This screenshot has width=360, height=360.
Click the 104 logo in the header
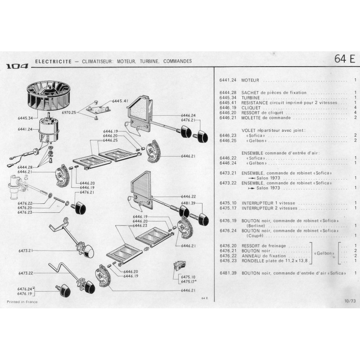point(17,66)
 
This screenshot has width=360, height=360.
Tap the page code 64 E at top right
point(345,59)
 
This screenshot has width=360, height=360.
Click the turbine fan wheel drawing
point(44,96)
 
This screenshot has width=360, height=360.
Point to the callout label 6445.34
point(25,118)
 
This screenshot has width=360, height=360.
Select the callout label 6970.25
point(69,112)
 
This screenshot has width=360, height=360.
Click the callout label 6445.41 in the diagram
point(120,101)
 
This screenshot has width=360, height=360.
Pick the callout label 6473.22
point(26,273)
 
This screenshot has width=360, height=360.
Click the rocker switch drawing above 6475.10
point(180,265)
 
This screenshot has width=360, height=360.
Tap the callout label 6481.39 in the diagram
point(188,203)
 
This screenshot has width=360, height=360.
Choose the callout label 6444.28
point(25,167)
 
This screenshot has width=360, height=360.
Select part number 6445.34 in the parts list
point(228,98)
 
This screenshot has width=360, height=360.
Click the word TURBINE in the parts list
point(251,98)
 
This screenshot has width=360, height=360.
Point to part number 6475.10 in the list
point(228,203)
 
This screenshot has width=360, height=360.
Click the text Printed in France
point(22,302)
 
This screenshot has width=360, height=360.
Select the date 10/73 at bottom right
point(350,301)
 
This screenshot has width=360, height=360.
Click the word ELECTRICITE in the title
point(54,62)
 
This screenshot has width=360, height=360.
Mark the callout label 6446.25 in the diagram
point(110,140)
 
